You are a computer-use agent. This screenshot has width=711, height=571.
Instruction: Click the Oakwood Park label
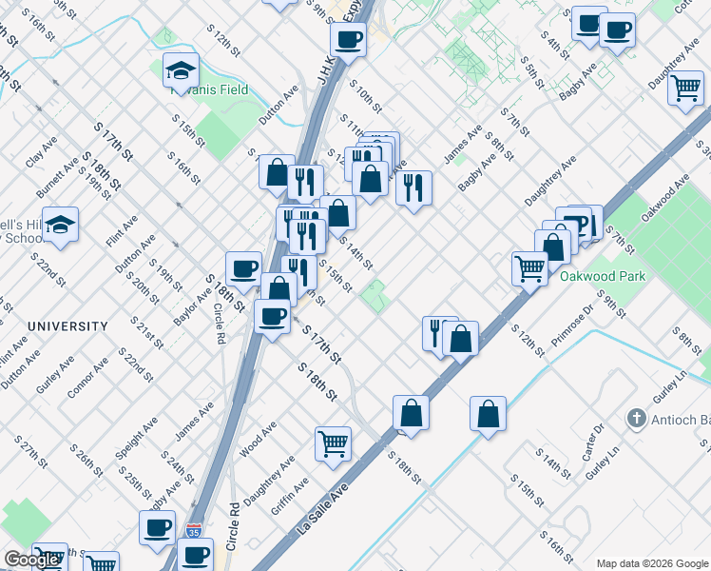pos(604,277)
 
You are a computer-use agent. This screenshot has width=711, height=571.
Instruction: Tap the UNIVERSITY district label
pos(67,326)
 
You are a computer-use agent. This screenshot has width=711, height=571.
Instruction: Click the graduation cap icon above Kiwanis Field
pos(180,71)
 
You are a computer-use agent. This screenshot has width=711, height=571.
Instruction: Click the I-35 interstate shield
pos(194,529)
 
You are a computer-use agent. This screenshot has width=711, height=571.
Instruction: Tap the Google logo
pos(31,560)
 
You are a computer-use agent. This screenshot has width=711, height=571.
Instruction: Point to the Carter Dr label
pos(596,440)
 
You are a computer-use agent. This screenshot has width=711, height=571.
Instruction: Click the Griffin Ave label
pos(289,497)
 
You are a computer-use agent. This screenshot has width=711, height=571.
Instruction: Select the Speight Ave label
pos(135,437)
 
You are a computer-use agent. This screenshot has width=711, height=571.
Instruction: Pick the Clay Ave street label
pos(41,151)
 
